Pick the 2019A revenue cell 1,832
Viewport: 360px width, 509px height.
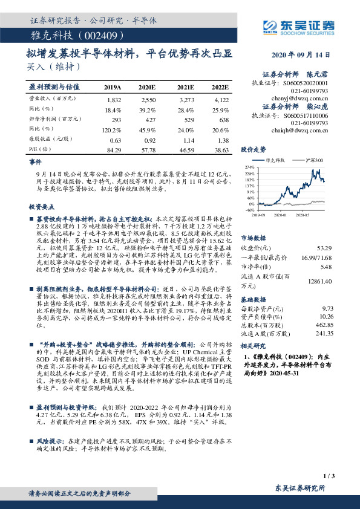[114, 99]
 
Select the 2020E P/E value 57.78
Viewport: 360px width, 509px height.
[148, 149]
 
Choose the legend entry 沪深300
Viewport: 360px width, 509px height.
[315, 160]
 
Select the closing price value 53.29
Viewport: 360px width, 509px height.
[324, 248]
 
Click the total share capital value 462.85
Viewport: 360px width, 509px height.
[325, 325]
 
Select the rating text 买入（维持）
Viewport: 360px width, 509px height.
[50, 66]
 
